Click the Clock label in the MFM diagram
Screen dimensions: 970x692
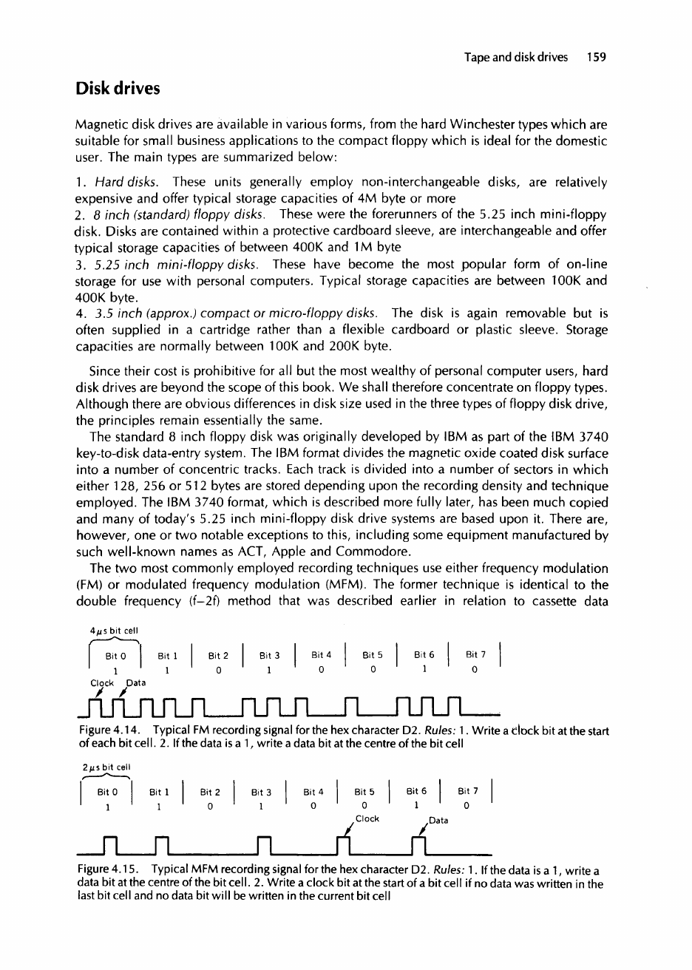tap(367, 792)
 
